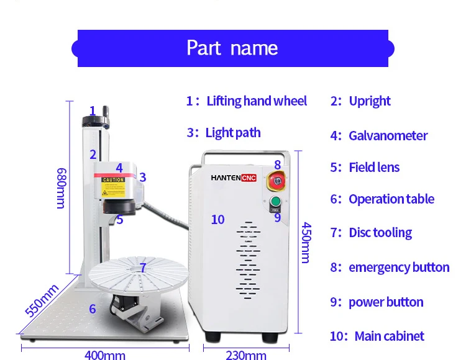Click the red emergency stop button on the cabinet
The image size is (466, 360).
coord(276,182)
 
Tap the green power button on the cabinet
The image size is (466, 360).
coord(276,202)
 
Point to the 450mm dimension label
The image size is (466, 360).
coord(306,242)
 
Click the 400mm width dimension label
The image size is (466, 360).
coord(104,355)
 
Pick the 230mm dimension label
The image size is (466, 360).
coord(246,355)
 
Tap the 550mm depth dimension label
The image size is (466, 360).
coord(42,300)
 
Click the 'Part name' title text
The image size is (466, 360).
coord(232,48)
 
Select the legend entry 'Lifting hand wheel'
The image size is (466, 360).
coord(256,101)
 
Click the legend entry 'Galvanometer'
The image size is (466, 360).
coord(388,135)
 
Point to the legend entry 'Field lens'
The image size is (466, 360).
coord(374,167)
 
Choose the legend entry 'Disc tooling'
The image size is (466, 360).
coord(380,233)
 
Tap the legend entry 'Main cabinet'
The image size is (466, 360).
coord(389,336)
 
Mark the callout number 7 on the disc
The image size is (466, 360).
coord(143,268)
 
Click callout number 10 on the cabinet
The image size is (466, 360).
coord(217,219)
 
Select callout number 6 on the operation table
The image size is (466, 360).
coord(93,308)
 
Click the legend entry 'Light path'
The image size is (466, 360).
coord(233,133)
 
